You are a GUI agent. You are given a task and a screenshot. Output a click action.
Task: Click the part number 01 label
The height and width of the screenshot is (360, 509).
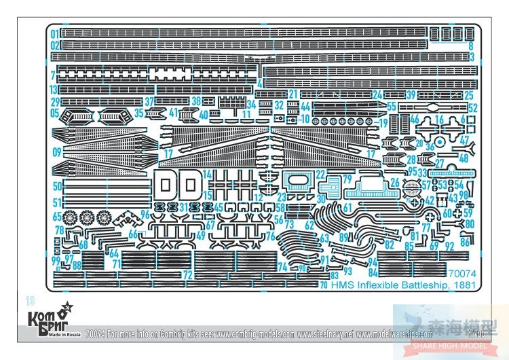click(x=54, y=33)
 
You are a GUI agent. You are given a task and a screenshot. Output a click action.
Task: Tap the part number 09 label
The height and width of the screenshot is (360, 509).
click(x=56, y=151)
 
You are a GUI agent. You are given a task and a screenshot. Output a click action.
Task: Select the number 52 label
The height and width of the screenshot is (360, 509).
click(x=473, y=108)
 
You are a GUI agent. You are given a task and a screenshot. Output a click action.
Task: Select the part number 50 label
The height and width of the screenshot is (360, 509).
click(x=56, y=185)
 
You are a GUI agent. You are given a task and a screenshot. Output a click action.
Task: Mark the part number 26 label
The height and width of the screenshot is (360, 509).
click(x=394, y=181)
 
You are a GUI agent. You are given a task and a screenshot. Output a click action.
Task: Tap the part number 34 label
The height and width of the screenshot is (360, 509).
click(x=251, y=105)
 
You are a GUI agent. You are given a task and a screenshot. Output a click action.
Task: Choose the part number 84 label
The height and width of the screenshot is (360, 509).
click(x=372, y=272)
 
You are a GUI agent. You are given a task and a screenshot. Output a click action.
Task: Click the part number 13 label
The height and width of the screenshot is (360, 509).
click(x=54, y=89)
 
